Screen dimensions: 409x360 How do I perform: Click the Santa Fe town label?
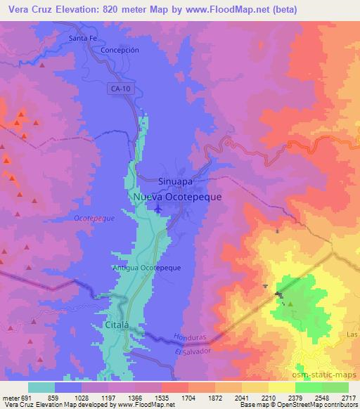pos(84,38)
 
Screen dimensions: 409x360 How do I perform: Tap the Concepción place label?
pos(120,51)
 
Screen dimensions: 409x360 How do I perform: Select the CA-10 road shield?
pos(121,89)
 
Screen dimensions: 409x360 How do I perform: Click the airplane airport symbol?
pos(158,209)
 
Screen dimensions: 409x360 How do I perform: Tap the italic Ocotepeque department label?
pos(94,219)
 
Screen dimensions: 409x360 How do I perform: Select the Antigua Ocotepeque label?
pos(146,268)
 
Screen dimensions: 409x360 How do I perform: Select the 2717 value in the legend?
pos(349,397)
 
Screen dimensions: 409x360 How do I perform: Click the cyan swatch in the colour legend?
pos(41,387)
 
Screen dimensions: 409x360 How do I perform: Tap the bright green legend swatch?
pos(309,387)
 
